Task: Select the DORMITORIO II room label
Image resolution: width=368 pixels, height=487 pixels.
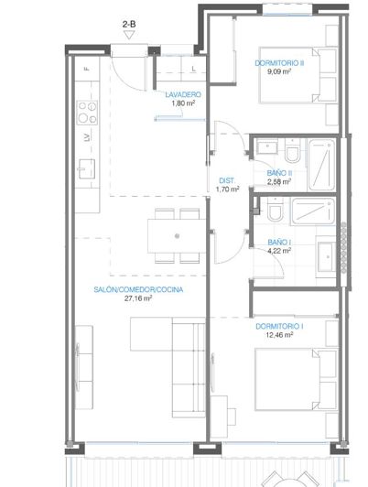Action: pos(279,63)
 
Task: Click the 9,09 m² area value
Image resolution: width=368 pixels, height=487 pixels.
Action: pos(279,72)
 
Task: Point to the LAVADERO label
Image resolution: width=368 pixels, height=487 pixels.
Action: pos(182,94)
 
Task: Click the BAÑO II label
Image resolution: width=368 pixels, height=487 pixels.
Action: pos(279,173)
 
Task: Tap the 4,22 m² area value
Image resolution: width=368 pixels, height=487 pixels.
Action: pos(279,252)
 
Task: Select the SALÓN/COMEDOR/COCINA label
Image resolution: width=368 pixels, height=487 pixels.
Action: pos(137,289)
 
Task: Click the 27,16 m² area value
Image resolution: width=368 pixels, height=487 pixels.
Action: pos(137,298)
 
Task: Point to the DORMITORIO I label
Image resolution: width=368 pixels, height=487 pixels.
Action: pos(279,327)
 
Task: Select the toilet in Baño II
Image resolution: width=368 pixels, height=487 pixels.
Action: pos(290,149)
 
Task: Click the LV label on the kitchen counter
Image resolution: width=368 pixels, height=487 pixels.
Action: pos(87,137)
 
